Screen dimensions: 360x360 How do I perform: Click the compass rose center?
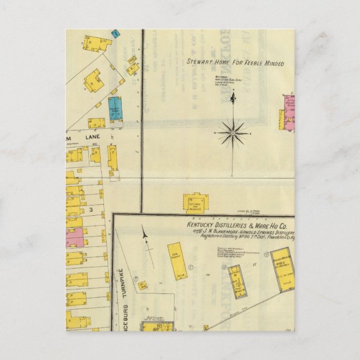pos(233,134)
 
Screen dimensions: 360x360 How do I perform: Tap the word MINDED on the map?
pos(272,64)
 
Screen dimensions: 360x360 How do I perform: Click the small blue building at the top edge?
pos(116,33)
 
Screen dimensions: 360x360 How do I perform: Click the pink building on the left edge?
pos(74,238)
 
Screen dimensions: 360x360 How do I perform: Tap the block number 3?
pos(89,210)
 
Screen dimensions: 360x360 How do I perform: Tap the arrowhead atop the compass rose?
pos(233,98)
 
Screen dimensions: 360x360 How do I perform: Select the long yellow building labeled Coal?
pos(177,260)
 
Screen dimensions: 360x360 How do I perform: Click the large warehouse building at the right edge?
pos(283,270)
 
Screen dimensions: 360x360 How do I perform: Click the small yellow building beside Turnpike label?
pos(143,285)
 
